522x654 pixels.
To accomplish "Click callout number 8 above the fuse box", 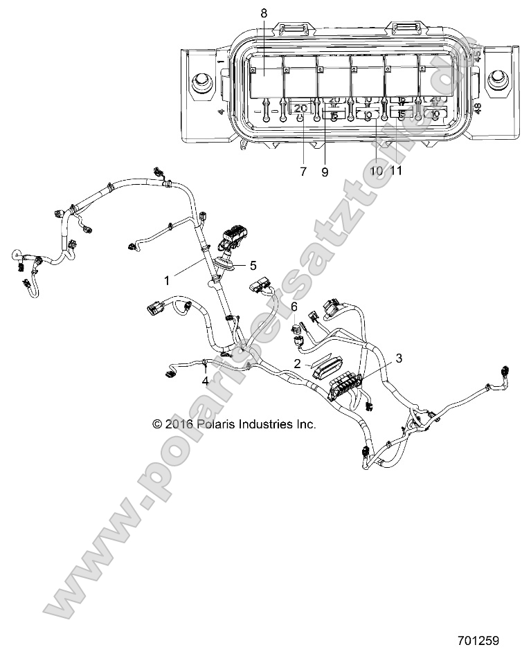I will pos(263,13).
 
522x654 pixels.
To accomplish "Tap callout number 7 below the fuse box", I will pos(303,172).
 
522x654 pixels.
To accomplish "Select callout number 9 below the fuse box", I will pos(324,172).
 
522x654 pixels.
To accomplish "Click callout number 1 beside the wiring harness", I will pos(166,280).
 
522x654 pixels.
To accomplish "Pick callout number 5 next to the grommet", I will pos(253,264).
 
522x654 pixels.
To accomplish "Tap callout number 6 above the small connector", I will pos(294,307).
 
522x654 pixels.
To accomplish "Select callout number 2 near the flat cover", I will pos(297,363).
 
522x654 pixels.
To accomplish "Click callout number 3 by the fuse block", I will pos(398,358).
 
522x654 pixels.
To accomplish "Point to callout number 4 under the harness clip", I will pos(205,381).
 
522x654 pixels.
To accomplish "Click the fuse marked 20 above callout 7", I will pos(300,109).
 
